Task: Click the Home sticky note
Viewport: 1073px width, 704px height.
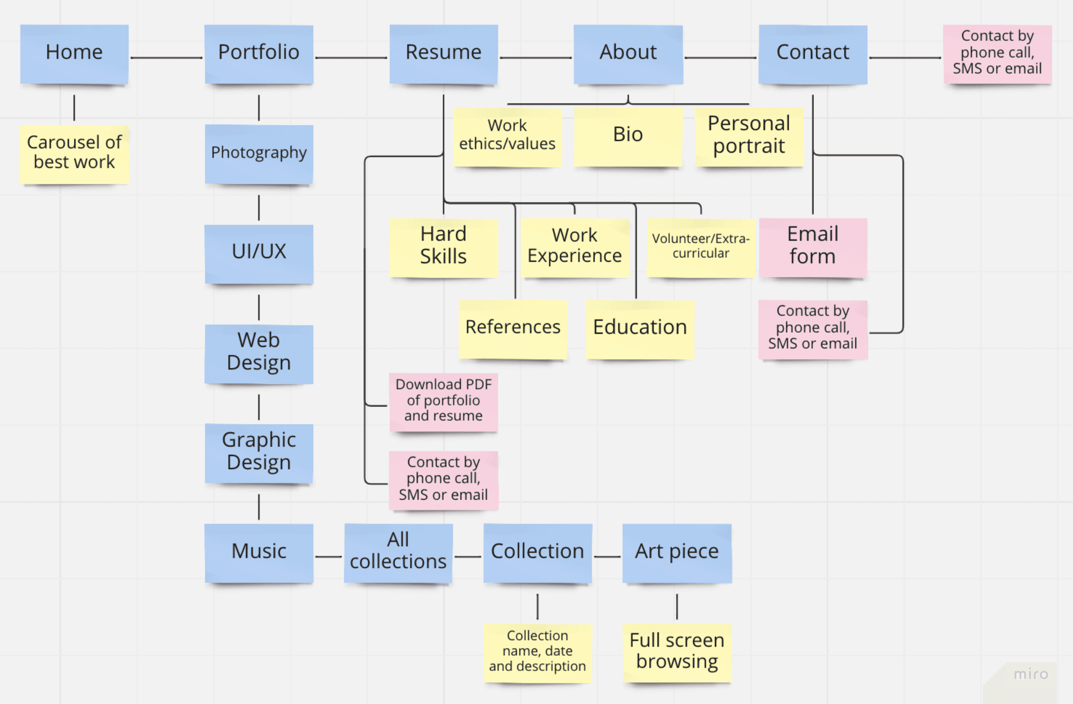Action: (74, 53)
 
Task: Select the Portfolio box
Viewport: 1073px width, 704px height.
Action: (259, 53)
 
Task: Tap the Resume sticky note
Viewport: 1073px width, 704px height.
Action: (444, 53)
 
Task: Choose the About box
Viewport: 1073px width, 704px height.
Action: (628, 53)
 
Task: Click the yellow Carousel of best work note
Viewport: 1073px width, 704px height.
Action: (74, 153)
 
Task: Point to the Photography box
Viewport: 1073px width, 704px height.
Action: (259, 153)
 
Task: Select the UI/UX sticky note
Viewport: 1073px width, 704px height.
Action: (259, 253)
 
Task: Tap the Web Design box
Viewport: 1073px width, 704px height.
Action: (259, 353)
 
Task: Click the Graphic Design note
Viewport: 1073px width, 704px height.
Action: (259, 452)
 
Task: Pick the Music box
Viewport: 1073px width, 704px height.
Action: (259, 552)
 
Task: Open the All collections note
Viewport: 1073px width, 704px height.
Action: (398, 552)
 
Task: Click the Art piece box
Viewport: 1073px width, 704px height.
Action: (677, 552)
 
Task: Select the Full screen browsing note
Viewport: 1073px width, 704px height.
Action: (677, 652)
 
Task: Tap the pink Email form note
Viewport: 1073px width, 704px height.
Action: (812, 247)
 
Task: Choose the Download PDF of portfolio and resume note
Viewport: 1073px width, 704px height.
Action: (444, 401)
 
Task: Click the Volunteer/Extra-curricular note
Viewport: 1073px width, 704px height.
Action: (701, 247)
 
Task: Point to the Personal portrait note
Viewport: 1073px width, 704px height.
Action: (749, 136)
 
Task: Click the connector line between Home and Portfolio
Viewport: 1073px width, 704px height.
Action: (166, 58)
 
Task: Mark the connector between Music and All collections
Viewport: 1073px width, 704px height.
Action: (328, 557)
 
